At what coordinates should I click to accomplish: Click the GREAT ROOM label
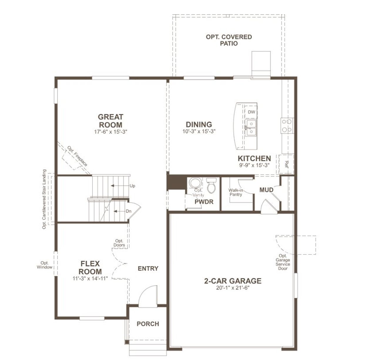click(x=110, y=121)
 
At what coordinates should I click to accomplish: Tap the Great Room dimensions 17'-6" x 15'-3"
click(x=110, y=132)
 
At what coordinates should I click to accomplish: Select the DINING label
click(x=199, y=124)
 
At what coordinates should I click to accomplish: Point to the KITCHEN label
click(x=254, y=158)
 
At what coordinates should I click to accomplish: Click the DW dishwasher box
click(x=251, y=112)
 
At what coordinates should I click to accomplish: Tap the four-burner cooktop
click(x=287, y=125)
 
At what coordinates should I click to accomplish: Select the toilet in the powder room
click(x=211, y=185)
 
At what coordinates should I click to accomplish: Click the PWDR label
click(x=204, y=202)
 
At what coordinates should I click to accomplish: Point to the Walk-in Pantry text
click(x=236, y=192)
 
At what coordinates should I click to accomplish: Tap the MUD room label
click(x=266, y=190)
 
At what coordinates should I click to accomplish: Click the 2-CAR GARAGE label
click(x=233, y=281)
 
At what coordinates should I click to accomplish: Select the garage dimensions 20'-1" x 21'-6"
click(x=233, y=288)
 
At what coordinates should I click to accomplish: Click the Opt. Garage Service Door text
click(x=283, y=262)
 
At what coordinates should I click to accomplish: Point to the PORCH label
click(x=148, y=324)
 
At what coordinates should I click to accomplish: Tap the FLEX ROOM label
click(x=90, y=268)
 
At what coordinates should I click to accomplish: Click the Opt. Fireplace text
click(x=77, y=156)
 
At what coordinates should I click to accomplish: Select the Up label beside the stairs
click(x=132, y=186)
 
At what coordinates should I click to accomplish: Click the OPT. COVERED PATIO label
click(x=229, y=40)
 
